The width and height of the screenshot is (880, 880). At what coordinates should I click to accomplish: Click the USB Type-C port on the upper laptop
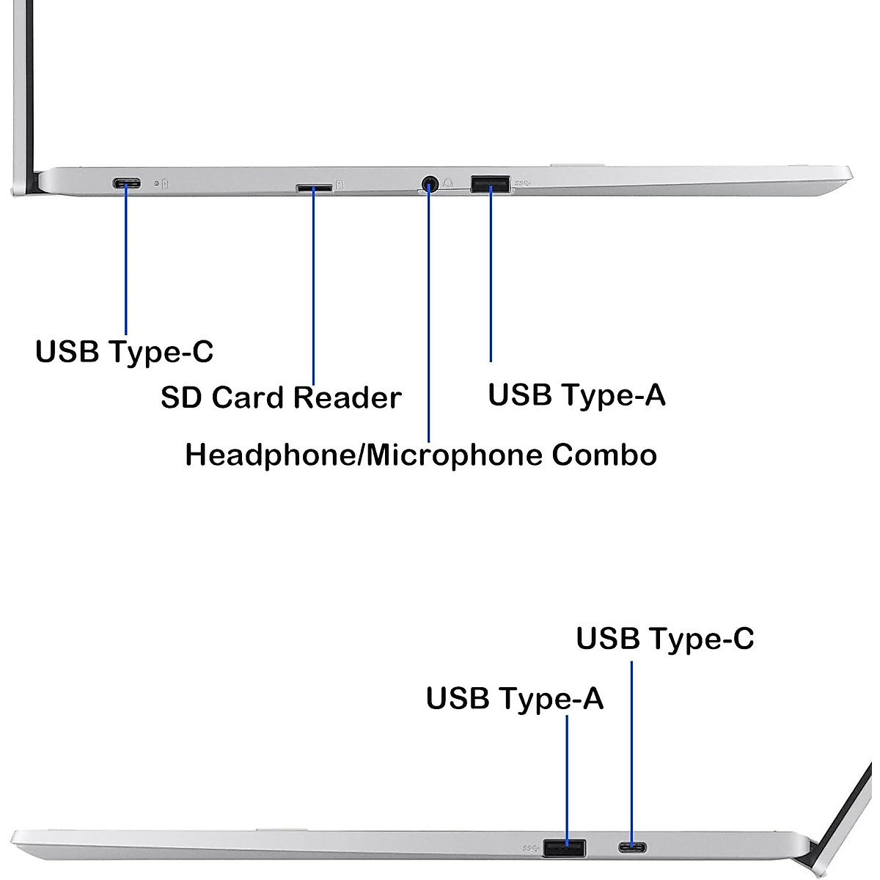[x=126, y=183]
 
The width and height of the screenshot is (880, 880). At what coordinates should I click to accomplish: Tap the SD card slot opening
[x=313, y=188]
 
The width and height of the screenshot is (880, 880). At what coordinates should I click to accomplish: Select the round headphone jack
[x=430, y=183]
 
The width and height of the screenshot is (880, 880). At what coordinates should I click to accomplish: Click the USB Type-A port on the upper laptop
[x=490, y=183]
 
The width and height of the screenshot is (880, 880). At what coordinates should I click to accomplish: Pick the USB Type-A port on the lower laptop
[x=564, y=848]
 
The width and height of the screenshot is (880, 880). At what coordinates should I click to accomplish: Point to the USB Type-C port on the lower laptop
[x=632, y=848]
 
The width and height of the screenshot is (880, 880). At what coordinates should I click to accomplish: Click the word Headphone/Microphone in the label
[x=364, y=455]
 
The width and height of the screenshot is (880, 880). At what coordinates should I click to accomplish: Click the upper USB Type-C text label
[x=125, y=351]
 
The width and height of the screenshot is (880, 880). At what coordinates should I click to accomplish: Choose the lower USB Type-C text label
[x=664, y=638]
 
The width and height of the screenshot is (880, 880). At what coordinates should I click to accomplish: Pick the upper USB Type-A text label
[x=576, y=395]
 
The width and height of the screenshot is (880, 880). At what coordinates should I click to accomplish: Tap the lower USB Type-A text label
[x=514, y=698]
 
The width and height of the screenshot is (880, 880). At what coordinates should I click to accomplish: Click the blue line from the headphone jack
[x=428, y=315]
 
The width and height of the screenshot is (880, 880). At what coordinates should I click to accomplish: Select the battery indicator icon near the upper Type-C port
[x=164, y=184]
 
